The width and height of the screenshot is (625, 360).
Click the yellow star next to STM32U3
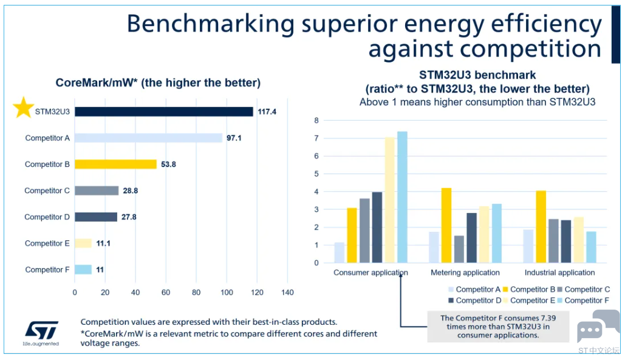click(24, 107)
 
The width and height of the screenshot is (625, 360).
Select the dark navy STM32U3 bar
click(164, 112)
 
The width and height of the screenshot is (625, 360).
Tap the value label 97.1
click(234, 138)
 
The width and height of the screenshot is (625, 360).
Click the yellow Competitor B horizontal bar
click(115, 164)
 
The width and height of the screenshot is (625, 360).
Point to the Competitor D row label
click(47, 217)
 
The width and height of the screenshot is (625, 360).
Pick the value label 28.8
click(131, 191)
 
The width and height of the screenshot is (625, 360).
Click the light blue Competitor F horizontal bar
click(83, 270)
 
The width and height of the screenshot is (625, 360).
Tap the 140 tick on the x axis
click(287, 292)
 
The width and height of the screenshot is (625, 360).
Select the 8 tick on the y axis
click(316, 120)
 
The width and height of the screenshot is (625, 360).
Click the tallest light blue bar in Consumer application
click(402, 197)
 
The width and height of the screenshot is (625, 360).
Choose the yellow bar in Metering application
click(446, 225)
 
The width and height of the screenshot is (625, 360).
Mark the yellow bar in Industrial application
click(541, 226)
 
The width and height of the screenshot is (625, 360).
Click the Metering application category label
click(465, 273)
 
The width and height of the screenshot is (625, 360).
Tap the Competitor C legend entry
click(584, 290)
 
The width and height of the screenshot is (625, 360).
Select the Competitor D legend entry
click(475, 301)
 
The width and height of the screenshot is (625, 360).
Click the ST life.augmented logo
click(41, 333)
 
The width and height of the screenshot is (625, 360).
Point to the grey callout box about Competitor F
click(498, 327)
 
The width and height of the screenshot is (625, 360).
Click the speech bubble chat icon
click(597, 327)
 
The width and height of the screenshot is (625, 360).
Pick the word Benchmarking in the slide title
click(210, 24)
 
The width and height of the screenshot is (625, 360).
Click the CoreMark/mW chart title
click(158, 83)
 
